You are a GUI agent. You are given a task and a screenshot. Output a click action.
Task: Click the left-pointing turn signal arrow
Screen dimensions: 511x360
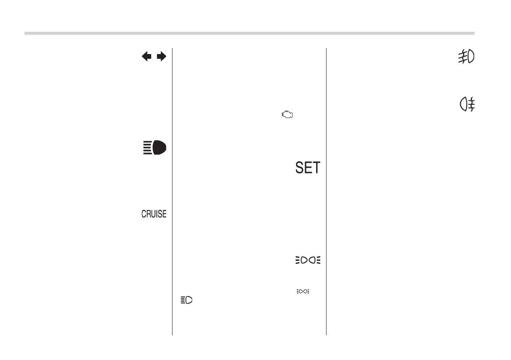[147, 57]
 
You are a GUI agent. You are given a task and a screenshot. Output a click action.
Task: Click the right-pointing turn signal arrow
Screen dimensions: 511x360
[161, 57]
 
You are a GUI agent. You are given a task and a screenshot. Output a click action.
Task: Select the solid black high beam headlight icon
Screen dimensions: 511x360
[154, 147]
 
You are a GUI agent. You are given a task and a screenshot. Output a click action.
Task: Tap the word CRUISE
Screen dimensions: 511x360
[154, 214]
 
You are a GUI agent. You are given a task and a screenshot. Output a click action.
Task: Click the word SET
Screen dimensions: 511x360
[308, 167]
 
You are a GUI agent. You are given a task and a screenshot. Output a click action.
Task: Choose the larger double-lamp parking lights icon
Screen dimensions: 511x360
[308, 260]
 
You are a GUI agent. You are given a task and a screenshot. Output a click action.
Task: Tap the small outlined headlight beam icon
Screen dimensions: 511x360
[187, 301]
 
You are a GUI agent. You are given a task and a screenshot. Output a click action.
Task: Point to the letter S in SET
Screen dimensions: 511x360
[299, 167]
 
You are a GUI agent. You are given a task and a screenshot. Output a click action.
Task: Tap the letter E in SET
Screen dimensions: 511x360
[308, 167]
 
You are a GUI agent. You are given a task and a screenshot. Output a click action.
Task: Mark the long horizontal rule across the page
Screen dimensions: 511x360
[249, 33]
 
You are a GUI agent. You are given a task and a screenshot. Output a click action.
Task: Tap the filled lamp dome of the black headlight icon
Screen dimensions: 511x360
[159, 147]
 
